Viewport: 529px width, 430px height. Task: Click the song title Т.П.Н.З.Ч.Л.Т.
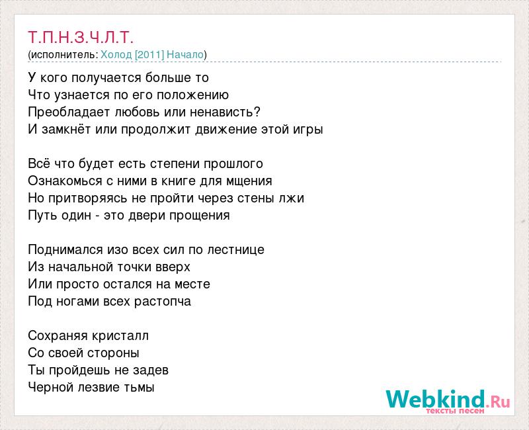click(x=81, y=37)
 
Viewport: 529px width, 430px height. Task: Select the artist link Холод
click(x=116, y=55)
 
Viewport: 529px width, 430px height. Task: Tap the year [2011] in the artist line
click(x=149, y=55)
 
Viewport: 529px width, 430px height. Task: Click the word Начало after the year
click(x=185, y=55)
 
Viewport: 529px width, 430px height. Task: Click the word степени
click(x=175, y=163)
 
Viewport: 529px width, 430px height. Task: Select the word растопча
click(x=162, y=302)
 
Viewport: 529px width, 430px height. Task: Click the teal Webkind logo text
click(x=435, y=399)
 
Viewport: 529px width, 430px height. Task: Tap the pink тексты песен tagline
click(x=455, y=411)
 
